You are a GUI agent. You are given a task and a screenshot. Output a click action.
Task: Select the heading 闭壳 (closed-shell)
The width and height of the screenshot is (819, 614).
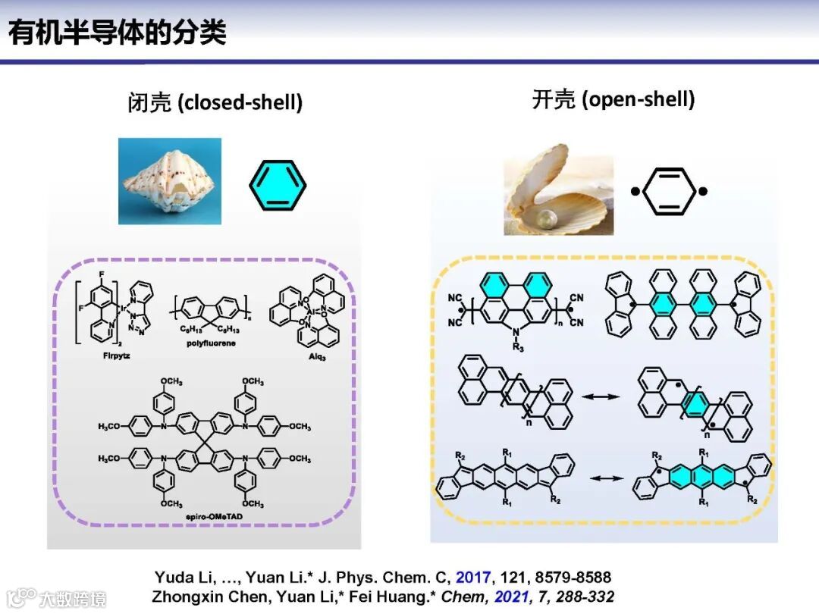click(215, 102)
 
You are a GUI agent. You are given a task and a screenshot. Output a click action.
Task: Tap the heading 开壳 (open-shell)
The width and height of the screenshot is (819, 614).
click(613, 99)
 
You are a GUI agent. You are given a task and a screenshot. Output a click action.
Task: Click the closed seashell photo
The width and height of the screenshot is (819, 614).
click(170, 181)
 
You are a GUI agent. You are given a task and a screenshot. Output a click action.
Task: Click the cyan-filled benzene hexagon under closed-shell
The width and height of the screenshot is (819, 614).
click(278, 184)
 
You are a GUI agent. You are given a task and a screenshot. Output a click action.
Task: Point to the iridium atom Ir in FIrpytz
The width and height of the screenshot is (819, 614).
click(122, 309)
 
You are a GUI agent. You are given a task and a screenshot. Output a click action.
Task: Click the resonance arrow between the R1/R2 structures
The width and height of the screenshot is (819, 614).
click(601, 478)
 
